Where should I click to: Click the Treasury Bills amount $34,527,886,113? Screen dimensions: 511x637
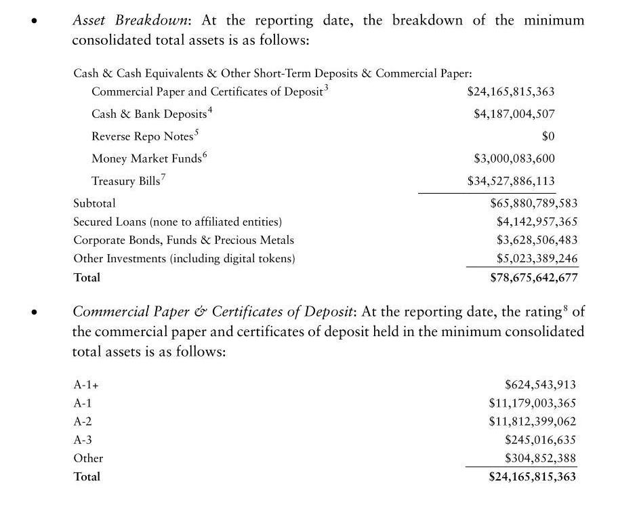tap(511, 181)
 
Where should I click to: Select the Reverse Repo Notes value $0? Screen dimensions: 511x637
tap(548, 136)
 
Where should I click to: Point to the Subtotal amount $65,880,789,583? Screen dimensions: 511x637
tap(533, 203)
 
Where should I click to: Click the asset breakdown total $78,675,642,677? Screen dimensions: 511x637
tap(533, 277)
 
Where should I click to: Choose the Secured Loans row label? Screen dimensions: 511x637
tap(178, 222)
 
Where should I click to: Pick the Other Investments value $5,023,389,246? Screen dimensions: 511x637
tap(537, 258)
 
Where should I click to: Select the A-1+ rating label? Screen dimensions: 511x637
tap(86, 385)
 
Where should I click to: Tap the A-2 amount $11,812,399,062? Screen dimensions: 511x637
tap(532, 421)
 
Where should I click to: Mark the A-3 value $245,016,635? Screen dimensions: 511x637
tap(540, 440)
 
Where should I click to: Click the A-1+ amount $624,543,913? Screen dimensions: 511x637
tap(540, 385)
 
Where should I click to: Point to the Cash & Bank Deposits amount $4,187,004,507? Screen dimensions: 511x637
tap(514, 114)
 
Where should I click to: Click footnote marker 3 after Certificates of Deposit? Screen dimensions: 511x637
tap(327, 87)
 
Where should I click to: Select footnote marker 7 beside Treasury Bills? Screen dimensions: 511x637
tap(163, 178)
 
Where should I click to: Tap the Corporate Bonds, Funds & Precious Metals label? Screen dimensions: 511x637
tap(184, 240)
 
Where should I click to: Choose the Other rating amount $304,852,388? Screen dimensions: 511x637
tap(540, 458)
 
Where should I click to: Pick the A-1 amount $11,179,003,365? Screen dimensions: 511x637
tap(532, 403)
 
